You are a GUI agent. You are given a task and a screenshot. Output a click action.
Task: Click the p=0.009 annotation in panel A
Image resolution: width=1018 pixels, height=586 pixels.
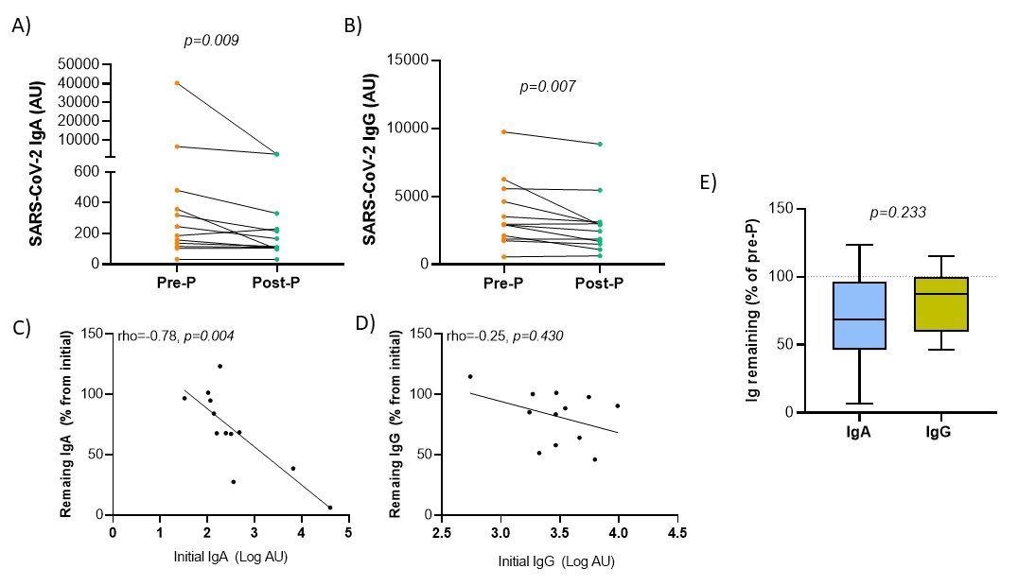pyautogui.click(x=210, y=41)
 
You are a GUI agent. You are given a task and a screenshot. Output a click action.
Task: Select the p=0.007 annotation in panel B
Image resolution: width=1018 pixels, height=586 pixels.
pyautogui.click(x=547, y=87)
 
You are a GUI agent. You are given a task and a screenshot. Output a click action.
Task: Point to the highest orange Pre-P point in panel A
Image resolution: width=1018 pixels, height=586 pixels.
pyautogui.click(x=177, y=83)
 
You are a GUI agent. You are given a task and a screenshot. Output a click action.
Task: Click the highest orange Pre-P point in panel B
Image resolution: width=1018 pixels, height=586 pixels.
pyautogui.click(x=504, y=131)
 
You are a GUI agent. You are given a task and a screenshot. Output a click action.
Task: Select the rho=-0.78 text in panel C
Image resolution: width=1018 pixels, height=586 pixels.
pyautogui.click(x=144, y=336)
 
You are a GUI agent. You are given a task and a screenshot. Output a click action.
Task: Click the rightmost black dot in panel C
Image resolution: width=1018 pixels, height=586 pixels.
pyautogui.click(x=329, y=508)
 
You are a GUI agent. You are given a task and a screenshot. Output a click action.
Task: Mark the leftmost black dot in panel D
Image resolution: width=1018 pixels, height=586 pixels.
pyautogui.click(x=470, y=377)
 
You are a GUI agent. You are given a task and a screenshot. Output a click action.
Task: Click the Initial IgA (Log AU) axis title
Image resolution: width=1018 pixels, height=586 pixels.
pyautogui.click(x=230, y=556)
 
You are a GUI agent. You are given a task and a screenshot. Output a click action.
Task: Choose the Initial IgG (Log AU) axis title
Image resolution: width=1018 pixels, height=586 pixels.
pyautogui.click(x=558, y=561)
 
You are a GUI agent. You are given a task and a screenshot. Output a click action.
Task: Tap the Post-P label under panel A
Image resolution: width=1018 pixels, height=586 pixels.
pyautogui.click(x=276, y=283)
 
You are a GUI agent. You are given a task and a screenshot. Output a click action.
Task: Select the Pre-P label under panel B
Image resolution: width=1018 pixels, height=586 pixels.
pyautogui.click(x=504, y=283)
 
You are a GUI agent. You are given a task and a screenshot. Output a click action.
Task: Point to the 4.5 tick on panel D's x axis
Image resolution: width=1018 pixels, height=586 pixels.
pyautogui.click(x=677, y=533)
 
